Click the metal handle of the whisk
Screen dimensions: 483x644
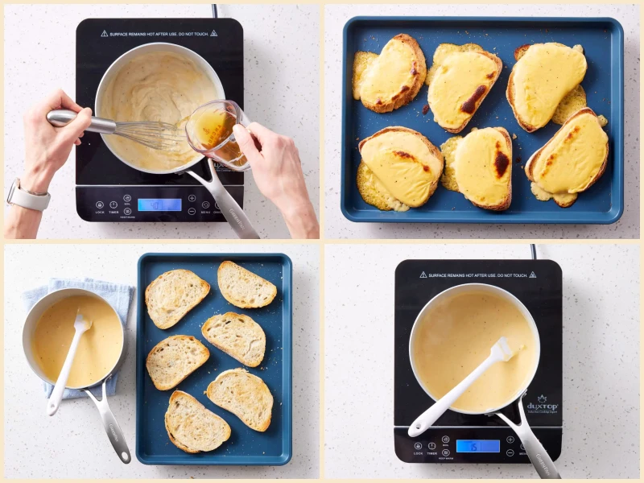pos(80,122)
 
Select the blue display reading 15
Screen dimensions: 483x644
pos(477,445)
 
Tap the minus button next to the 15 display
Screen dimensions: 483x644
pos(510,452)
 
